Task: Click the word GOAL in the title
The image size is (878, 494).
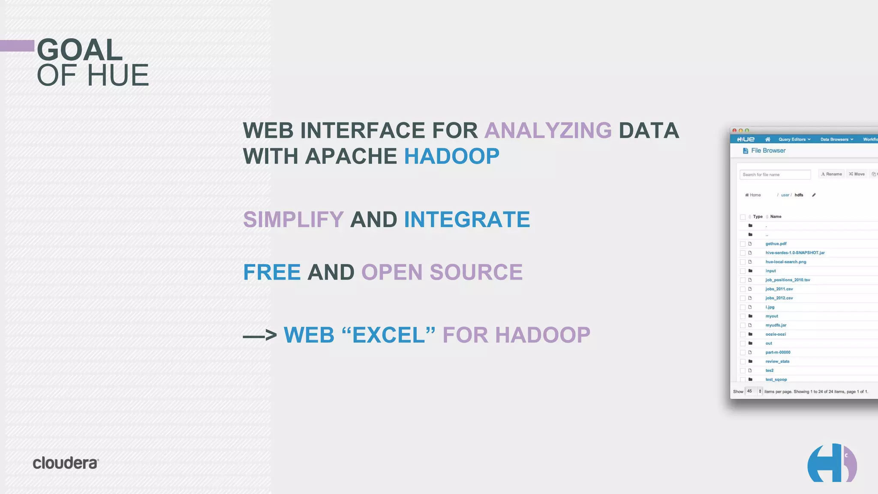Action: pyautogui.click(x=80, y=50)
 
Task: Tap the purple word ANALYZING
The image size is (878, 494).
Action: pyautogui.click(x=548, y=130)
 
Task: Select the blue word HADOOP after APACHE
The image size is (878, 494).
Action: pyautogui.click(x=451, y=156)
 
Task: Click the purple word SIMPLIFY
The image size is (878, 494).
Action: pyautogui.click(x=293, y=220)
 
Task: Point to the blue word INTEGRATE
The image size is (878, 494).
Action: pyautogui.click(x=467, y=220)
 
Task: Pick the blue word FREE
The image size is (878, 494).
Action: pyautogui.click(x=272, y=272)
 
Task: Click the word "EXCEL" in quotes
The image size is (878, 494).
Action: pyautogui.click(x=389, y=335)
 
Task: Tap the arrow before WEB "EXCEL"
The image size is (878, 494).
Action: pyautogui.click(x=260, y=335)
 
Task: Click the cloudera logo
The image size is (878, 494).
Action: pyautogui.click(x=66, y=463)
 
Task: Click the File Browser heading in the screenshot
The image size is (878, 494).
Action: pyautogui.click(x=768, y=151)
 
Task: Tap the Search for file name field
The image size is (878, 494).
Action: pyautogui.click(x=775, y=175)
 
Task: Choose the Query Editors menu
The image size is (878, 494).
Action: pyautogui.click(x=794, y=139)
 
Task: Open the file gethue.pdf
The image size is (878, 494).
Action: pyautogui.click(x=776, y=244)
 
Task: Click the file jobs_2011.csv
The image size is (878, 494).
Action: pyautogui.click(x=779, y=289)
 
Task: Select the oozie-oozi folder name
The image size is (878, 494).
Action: pyautogui.click(x=776, y=334)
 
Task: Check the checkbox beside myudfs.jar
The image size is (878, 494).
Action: pyautogui.click(x=743, y=325)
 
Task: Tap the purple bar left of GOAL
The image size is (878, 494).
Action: pyautogui.click(x=17, y=45)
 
